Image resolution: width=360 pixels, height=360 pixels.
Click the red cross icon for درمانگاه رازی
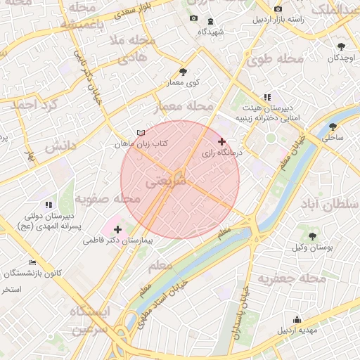click(222, 141)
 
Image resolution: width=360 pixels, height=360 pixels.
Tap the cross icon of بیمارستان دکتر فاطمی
click(117, 229)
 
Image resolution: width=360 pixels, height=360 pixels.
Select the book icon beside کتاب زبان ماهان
click(141, 133)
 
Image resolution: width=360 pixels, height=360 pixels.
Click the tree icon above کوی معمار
click(184, 72)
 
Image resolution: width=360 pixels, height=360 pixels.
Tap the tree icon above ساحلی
click(333, 127)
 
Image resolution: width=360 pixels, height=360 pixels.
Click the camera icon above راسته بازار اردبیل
click(278, 8)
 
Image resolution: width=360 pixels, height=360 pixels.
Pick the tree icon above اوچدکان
click(342, 46)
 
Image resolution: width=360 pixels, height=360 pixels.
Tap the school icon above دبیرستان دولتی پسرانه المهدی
click(49, 205)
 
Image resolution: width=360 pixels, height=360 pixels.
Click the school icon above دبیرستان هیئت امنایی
click(266, 97)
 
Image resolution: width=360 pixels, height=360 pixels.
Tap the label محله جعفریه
click(292, 279)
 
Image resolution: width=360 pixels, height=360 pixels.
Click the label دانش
click(60, 146)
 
